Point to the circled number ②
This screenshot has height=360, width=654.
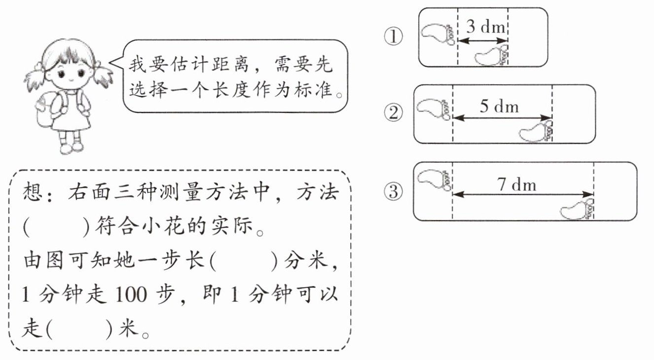coord(393,114)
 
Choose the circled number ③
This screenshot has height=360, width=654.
coord(393,192)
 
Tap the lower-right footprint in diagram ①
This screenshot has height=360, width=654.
coord(491,55)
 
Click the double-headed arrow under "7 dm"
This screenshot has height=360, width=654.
coord(523,194)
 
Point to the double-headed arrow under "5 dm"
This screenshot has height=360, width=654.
coord(502,118)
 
